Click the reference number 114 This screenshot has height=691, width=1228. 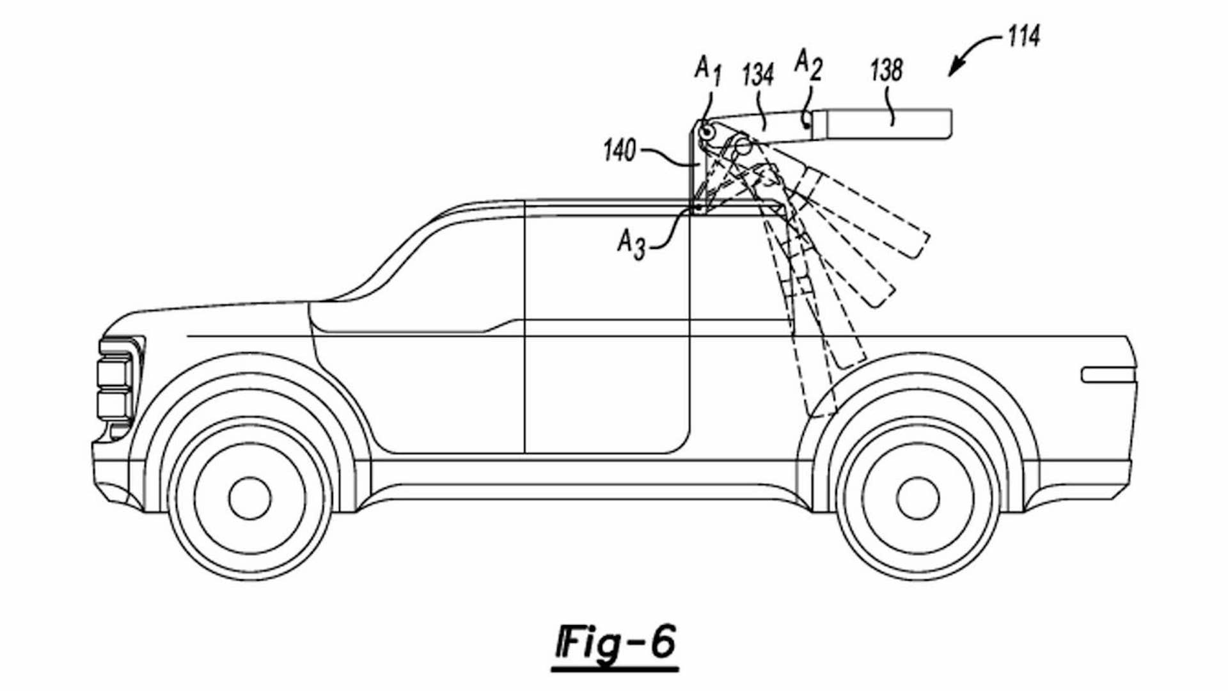(1023, 36)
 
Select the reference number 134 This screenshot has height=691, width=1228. (759, 75)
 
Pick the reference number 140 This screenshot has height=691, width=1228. (619, 152)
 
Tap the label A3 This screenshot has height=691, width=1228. (631, 244)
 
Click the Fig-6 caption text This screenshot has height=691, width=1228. (615, 643)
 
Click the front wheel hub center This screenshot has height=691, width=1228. (249, 498)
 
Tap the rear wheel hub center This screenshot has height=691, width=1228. (918, 498)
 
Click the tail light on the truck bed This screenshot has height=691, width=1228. (1108, 375)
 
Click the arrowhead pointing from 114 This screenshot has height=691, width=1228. (953, 72)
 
